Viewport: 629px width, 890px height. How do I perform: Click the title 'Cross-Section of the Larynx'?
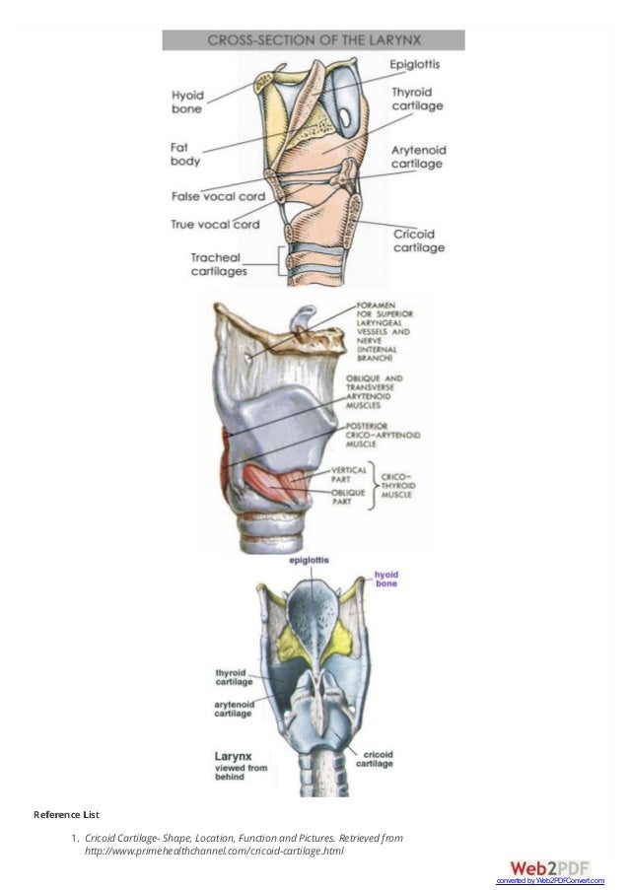313,40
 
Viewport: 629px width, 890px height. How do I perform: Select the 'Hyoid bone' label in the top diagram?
187,103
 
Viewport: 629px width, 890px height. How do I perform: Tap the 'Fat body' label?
185,154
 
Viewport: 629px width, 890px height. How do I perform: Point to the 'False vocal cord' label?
218,197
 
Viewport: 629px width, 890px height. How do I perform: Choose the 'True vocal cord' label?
214,224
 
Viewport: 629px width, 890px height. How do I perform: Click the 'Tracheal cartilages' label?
218,264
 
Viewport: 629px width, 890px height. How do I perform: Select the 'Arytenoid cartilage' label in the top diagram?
419,157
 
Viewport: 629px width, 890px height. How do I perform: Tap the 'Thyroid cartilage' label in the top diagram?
417,98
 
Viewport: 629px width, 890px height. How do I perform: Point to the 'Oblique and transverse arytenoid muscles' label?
383,392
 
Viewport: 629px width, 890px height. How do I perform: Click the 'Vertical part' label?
349,474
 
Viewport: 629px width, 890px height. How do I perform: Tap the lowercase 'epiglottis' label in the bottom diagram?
310,560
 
